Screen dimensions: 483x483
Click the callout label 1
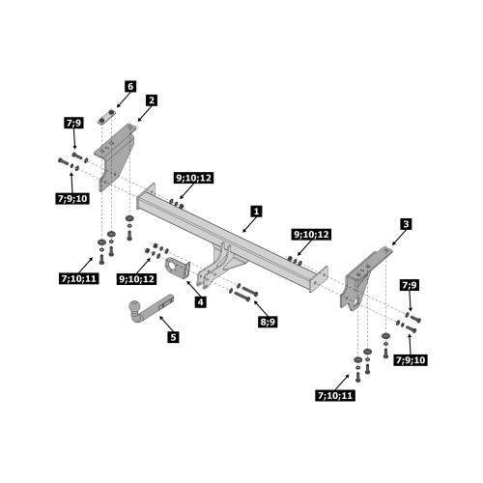point(256,212)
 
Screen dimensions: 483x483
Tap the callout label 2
point(152,100)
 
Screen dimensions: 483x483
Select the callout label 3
point(406,224)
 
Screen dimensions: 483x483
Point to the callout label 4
point(200,302)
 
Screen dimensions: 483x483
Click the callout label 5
point(173,337)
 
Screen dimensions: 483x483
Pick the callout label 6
point(130,86)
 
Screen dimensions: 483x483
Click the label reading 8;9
point(268,322)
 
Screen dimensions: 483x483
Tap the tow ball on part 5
point(134,306)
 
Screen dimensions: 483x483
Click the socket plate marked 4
point(178,269)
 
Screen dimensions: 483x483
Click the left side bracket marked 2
point(115,156)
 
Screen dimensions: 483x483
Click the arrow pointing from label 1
point(249,225)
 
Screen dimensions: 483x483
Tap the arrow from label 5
point(166,324)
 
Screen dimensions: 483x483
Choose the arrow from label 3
point(398,238)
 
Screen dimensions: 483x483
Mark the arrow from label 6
point(124,99)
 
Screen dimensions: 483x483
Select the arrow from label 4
point(193,289)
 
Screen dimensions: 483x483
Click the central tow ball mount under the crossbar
point(218,265)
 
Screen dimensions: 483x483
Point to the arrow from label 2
point(144,114)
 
